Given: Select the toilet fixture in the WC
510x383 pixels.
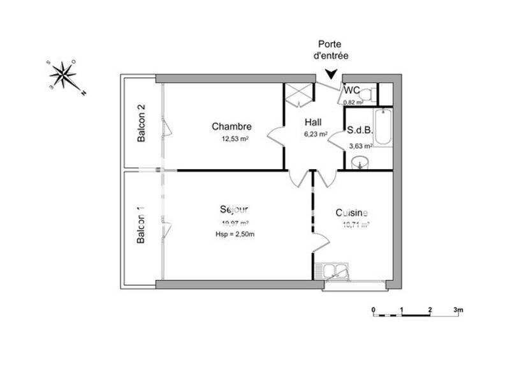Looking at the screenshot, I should point(366,94).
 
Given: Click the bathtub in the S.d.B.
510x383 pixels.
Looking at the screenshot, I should point(382,127).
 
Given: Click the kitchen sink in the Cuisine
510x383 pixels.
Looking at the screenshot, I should point(335,271).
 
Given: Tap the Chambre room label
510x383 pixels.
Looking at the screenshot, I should point(231,126).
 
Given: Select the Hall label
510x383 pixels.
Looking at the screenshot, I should point(313,123).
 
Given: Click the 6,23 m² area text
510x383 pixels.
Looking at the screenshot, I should point(315,134).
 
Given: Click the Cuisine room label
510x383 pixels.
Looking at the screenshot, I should point(352,213).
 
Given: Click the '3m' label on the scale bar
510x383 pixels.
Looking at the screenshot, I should point(458,310).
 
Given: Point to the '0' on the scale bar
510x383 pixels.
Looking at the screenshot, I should point(373,310).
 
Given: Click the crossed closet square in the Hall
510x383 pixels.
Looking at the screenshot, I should point(297,94).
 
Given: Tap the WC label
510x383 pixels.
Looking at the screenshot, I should point(353,90).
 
